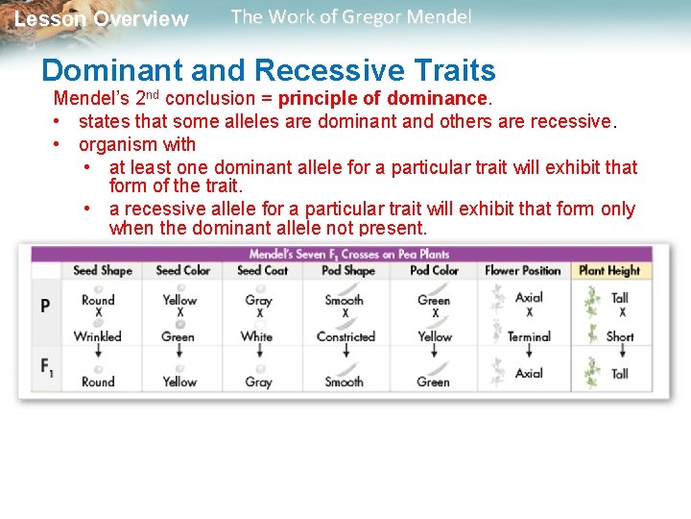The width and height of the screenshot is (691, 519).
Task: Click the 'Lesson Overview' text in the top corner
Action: click(102, 19)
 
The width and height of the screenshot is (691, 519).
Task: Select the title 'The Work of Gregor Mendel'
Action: click(351, 16)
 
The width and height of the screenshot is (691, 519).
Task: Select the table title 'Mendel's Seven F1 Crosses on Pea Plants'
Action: click(349, 254)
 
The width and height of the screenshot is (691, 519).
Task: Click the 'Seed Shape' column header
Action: click(103, 271)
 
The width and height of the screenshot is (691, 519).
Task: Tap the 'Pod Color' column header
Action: click(434, 271)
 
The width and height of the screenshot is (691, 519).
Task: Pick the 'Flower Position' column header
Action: click(522, 271)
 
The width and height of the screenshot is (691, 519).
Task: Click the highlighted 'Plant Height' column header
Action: click(609, 271)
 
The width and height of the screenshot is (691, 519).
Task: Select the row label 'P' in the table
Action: click(45, 306)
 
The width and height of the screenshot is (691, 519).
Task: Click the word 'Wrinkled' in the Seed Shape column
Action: click(98, 336)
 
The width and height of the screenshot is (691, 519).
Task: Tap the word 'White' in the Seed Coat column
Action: click(256, 336)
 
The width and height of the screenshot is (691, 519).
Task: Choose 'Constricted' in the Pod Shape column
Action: click(345, 336)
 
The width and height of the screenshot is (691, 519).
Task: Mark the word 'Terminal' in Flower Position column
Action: click(529, 336)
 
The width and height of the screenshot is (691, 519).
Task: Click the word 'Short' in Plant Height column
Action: click(620, 336)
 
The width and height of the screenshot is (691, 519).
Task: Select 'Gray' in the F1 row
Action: click(258, 382)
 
